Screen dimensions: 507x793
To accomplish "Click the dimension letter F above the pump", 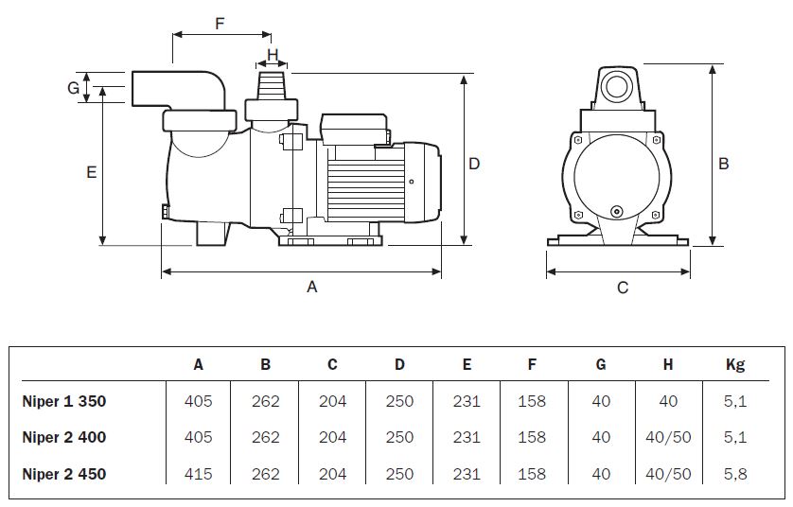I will point(220,24).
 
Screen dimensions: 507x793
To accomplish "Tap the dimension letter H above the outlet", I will point(273,55).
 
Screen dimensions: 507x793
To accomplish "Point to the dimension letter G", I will point(72,88).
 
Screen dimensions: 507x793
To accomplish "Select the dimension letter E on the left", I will point(91,172).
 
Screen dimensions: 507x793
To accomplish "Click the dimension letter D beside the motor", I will point(475,164).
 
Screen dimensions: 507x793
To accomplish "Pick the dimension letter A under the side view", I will point(311,288).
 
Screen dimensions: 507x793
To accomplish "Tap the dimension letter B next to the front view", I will point(724,164).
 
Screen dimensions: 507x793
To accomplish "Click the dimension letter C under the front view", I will point(622,288).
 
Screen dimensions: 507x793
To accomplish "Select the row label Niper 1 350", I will point(64,401).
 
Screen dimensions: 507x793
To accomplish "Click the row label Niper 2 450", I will point(64,474).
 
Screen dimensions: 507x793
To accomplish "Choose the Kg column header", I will point(734,364).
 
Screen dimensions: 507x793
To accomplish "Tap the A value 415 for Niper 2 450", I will point(199,474).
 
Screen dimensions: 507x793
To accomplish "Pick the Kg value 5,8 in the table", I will point(734,474).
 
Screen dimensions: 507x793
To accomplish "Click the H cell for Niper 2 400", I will point(668,437).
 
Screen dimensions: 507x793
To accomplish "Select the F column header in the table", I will point(533,364).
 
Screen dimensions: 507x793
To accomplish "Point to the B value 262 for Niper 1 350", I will point(266,401).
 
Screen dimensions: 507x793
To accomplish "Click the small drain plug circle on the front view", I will point(616,212).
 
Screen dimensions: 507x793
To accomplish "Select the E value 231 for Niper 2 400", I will point(467,437).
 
